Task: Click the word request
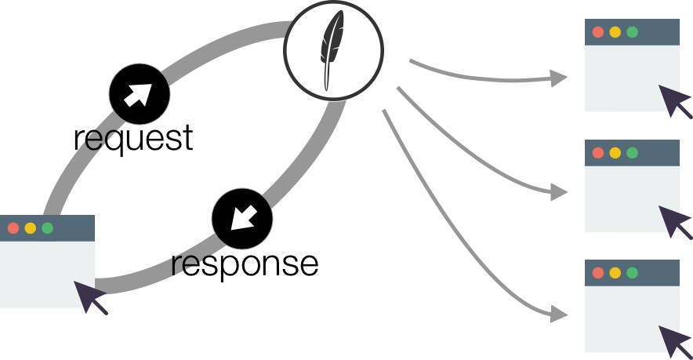coord(132,138)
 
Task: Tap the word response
coord(245,264)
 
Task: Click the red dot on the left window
coord(13,228)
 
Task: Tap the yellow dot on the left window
coord(30,228)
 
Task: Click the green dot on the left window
coord(47,228)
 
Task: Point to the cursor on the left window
coord(89,297)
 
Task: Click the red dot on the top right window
coord(597,32)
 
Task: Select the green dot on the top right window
coord(632,32)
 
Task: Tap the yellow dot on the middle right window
coord(615,152)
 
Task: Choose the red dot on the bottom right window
coord(597,273)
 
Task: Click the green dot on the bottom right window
coord(632,273)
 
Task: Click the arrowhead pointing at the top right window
coord(558,78)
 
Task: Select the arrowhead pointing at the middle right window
coord(558,191)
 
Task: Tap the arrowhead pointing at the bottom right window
coord(558,314)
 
